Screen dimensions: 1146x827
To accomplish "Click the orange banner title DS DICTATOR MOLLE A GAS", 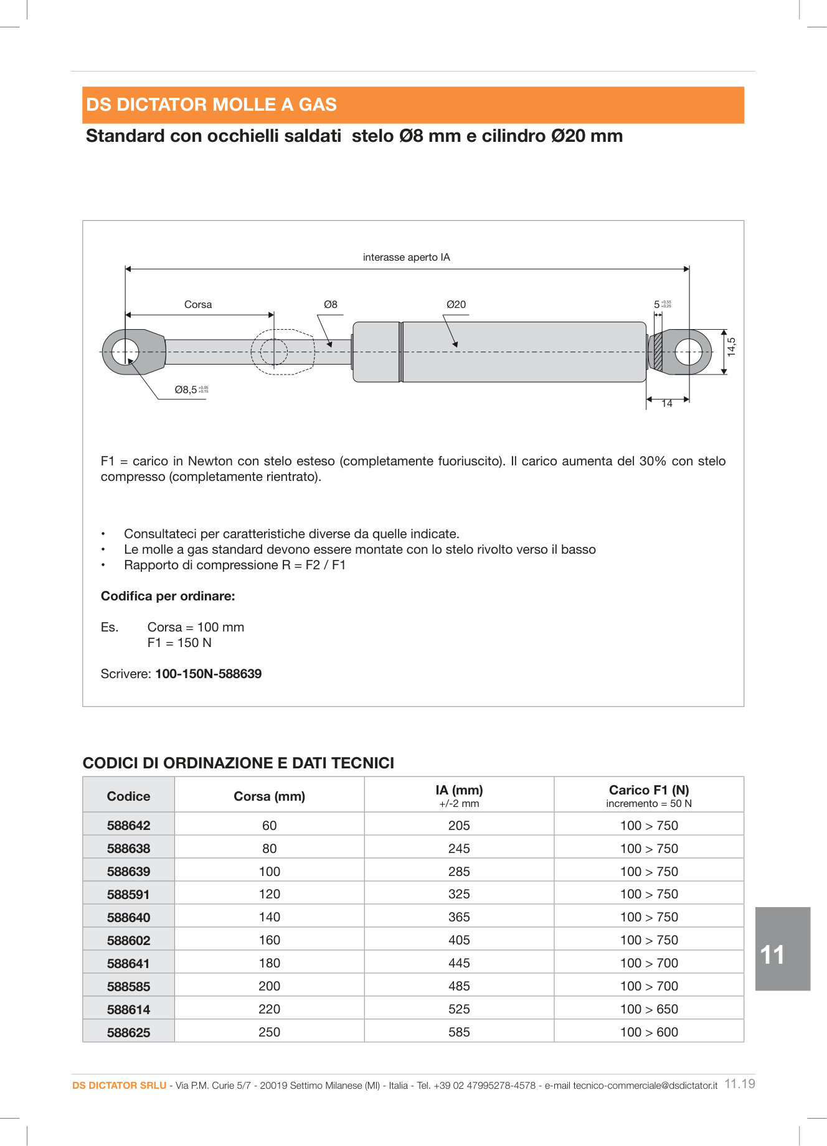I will (211, 105).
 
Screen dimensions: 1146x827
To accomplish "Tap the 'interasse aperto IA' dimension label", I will (406, 257).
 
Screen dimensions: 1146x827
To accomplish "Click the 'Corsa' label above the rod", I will (197, 304).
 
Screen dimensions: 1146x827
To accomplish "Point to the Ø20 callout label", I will (456, 304).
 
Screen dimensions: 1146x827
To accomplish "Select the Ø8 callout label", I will (330, 304).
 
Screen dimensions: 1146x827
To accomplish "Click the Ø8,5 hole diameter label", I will (186, 390).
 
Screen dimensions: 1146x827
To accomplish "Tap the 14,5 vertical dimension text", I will (732, 347).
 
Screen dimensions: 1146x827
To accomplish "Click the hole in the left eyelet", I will (126, 352).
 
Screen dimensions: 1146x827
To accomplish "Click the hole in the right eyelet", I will (688, 352).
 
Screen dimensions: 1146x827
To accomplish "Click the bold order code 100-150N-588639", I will (208, 674).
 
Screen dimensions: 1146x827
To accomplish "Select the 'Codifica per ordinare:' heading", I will (168, 596).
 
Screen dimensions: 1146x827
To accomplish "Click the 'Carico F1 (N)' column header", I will (648, 790).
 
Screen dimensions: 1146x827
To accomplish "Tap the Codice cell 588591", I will (128, 895).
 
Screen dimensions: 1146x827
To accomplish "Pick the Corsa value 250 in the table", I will (269, 1032).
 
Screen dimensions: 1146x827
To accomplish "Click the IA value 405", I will (459, 940).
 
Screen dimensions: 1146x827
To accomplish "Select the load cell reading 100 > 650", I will (648, 1009).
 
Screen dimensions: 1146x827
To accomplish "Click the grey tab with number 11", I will (782, 949).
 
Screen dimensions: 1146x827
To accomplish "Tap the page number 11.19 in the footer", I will (740, 1084).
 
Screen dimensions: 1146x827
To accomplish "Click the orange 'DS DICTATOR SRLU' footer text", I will (119, 1086).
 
